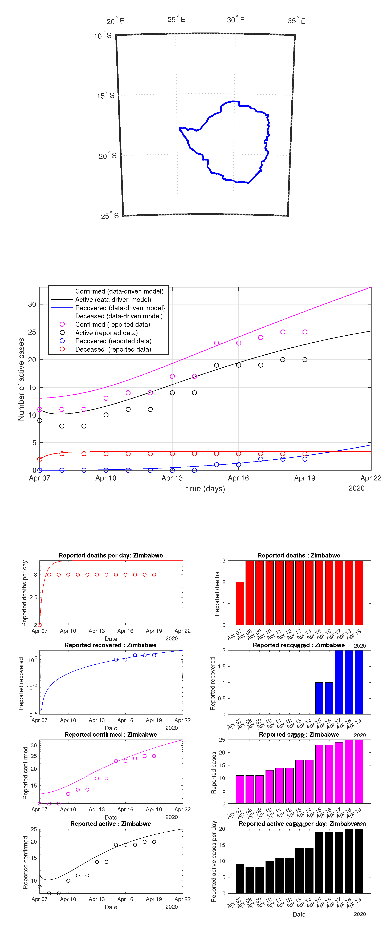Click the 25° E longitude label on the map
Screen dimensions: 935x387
[176, 20]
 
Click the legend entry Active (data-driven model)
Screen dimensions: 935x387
[113, 299]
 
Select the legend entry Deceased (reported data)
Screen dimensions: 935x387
[113, 349]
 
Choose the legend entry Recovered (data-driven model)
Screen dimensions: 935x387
[120, 308]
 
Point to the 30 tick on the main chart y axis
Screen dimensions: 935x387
[32, 304]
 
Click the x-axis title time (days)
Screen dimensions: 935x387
[205, 489]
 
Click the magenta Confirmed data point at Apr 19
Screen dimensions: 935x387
[305, 332]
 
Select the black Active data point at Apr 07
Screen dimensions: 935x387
[40, 420]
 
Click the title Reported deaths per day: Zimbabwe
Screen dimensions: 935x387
[111, 555]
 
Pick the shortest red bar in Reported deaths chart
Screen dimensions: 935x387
[240, 603]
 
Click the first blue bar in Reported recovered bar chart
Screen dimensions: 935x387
[319, 698]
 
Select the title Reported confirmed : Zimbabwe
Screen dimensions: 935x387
[111, 734]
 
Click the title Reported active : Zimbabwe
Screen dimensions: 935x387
[111, 824]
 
